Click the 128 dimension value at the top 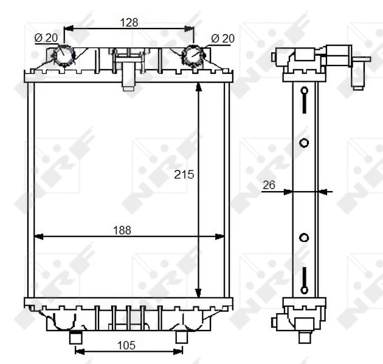pos(129,22)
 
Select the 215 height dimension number pos(184,174)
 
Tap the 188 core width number pos(122,230)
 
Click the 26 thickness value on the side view pos(269,184)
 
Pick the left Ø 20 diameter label pos(46,38)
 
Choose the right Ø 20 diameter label pos(222,38)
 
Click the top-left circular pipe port pos(64,56)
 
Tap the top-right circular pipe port pos(193,56)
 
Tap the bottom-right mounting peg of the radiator pos(181,335)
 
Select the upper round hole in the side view pos(305,143)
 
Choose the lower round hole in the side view pos(305,237)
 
